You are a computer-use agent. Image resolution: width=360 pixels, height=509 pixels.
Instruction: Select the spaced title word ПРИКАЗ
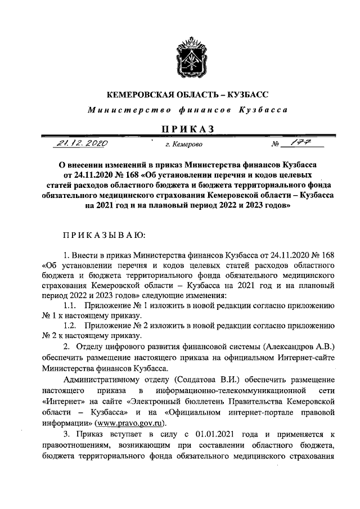coord(188,129)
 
